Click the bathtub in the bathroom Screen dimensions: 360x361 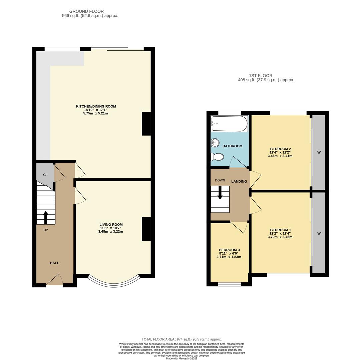(x=230, y=124)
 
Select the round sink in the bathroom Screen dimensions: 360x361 (x=215, y=143)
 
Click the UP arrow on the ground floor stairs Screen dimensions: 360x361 (x=46, y=217)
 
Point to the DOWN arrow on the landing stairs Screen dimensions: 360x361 (x=220, y=193)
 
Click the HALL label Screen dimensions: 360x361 (x=54, y=263)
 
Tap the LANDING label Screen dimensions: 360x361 (x=239, y=182)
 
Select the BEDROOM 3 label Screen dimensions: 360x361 (x=229, y=250)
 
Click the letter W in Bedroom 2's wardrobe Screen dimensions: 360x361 (x=319, y=152)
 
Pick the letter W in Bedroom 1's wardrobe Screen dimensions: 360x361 (x=319, y=233)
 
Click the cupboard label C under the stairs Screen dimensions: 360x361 (x=44, y=175)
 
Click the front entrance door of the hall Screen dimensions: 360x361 (x=54, y=281)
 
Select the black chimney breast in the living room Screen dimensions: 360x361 (x=146, y=229)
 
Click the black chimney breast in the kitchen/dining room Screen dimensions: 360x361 (x=146, y=124)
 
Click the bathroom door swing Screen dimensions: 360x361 (x=238, y=163)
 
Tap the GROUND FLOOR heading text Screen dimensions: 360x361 (x=86, y=11)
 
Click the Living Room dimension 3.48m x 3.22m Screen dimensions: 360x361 (x=110, y=231)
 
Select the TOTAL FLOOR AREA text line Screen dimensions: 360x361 (x=182, y=339)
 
